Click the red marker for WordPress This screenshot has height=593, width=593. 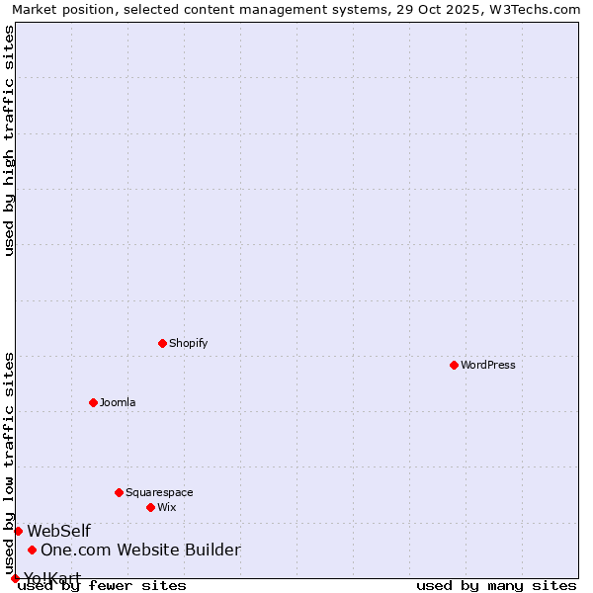(454, 365)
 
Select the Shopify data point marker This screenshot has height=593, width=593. (162, 343)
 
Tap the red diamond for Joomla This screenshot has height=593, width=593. (93, 402)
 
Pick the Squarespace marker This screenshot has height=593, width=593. (119, 492)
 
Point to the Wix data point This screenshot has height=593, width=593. (150, 507)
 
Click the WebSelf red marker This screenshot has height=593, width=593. (18, 531)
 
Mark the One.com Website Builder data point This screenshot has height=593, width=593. (32, 550)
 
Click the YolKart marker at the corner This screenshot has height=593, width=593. (15, 578)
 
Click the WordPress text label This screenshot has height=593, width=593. (488, 365)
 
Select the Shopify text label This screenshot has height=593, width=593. (188, 343)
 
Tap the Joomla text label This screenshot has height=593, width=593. (118, 402)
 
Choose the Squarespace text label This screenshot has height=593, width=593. (159, 492)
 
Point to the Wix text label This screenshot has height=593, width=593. (167, 507)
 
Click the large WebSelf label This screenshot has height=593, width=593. (58, 531)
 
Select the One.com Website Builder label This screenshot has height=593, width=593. (140, 550)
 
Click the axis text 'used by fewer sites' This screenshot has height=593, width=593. (102, 585)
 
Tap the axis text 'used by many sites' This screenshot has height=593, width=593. (496, 585)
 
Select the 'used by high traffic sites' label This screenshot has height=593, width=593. (10, 140)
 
